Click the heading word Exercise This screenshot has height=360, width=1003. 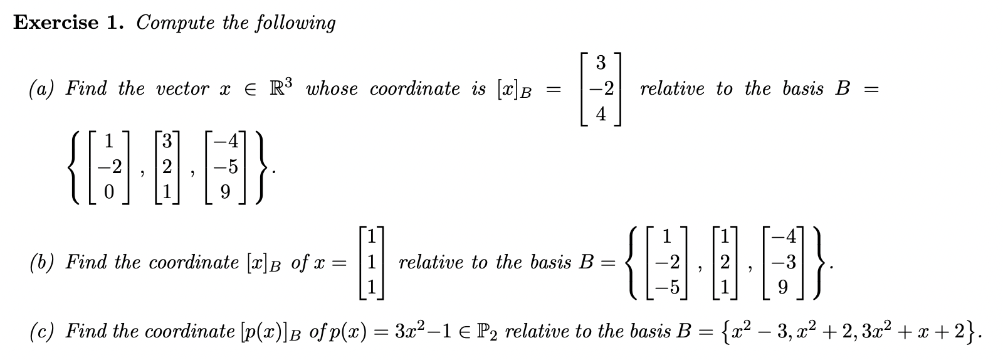coord(56,23)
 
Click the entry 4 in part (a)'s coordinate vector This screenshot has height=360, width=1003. coord(600,115)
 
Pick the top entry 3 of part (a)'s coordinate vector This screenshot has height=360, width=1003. coord(600,63)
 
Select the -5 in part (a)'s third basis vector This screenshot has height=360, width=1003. coord(228,168)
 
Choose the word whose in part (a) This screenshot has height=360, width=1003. coord(332,89)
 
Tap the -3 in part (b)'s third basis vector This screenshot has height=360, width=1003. coord(787,262)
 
